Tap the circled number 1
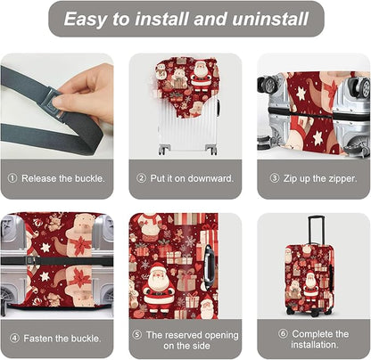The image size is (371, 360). [x=12, y=178]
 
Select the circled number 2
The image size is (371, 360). [x=141, y=178]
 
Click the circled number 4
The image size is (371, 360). [x=14, y=338]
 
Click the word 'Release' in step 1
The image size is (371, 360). [x=41, y=178]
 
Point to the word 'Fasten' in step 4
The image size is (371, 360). [x=42, y=338]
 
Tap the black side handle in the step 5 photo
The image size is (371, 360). [x=209, y=263]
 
